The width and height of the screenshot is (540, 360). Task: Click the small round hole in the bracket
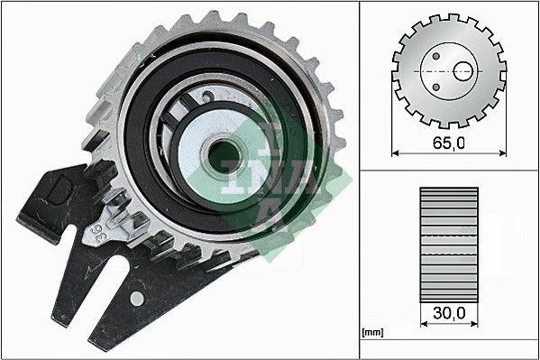(x=136, y=297)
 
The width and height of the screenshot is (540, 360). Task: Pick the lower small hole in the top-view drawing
(x=435, y=87)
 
